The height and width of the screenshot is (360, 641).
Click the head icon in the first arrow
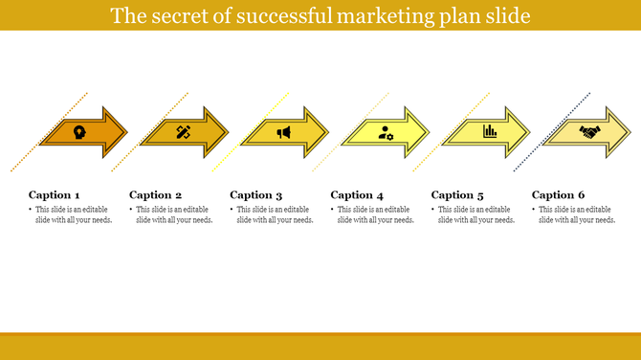77,132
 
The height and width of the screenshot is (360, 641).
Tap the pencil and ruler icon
183,132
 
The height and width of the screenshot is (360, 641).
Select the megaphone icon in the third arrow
284,132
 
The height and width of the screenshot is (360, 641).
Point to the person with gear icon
386,132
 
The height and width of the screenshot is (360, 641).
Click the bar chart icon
489,132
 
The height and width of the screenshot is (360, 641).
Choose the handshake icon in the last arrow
588,132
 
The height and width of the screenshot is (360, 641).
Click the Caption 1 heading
55,195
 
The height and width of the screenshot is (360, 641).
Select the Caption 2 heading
155,195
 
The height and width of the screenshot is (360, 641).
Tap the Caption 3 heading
256,195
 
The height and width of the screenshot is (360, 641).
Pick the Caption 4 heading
357,195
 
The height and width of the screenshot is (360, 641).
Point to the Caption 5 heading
457,195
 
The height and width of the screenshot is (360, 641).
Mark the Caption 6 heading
559,195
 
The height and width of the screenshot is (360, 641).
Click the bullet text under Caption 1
74,214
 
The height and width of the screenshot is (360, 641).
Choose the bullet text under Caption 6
577,214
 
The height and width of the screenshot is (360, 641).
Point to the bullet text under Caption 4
375,214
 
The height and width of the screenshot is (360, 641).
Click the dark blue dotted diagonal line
552,132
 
